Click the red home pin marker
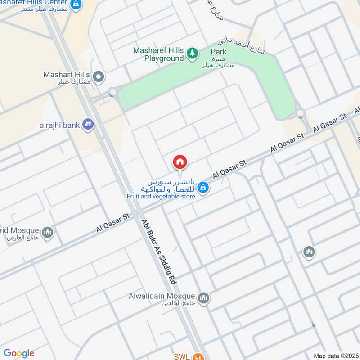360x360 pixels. tap(180, 162)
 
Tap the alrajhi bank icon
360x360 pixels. tap(88, 125)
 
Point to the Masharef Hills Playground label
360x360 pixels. tap(158, 54)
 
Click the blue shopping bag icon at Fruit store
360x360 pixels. tap(203, 187)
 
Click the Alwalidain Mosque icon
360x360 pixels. tap(204, 298)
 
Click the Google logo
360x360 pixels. tap(19, 353)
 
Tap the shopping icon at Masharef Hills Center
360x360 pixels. tap(77, 4)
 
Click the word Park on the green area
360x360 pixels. tap(218, 52)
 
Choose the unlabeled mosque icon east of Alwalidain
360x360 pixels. tap(308, 251)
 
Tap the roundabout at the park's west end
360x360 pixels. tap(112, 92)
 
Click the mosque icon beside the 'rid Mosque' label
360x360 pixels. tap(48, 233)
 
